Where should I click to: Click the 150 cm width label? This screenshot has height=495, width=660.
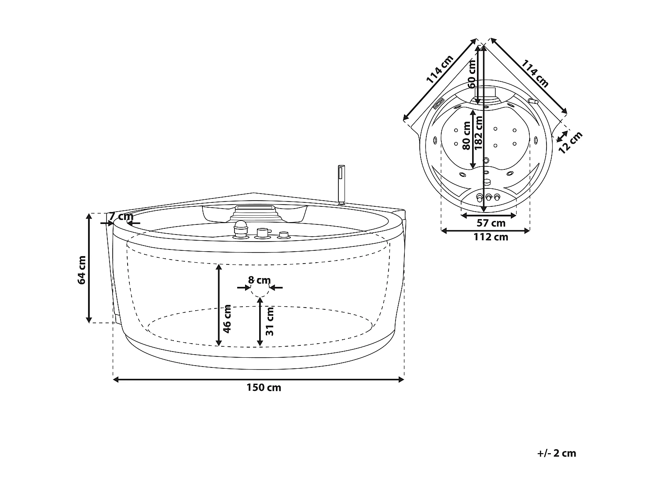pyautogui.click(x=264, y=388)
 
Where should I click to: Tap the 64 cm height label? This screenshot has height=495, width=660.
pyautogui.click(x=82, y=270)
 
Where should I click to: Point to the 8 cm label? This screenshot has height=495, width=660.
pyautogui.click(x=259, y=280)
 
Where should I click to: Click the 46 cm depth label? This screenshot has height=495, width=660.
pyautogui.click(x=227, y=319)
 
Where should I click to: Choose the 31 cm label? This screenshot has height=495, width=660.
pyautogui.click(x=270, y=322)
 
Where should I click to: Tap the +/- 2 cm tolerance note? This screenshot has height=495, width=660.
pyautogui.click(x=557, y=454)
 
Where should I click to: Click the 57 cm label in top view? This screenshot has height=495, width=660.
pyautogui.click(x=491, y=224)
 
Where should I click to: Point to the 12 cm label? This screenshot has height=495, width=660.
pyautogui.click(x=570, y=142)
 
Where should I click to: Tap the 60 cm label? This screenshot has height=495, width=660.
pyautogui.click(x=471, y=73)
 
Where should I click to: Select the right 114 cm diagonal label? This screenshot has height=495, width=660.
pyautogui.click(x=535, y=73)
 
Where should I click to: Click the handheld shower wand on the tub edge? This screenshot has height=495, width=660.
pyautogui.click(x=340, y=183)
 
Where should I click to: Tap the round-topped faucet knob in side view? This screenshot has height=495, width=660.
pyautogui.click(x=240, y=230)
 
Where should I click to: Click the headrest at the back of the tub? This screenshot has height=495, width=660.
pyautogui.click(x=254, y=213)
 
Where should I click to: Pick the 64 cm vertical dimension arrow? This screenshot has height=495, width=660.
pyautogui.click(x=89, y=268)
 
